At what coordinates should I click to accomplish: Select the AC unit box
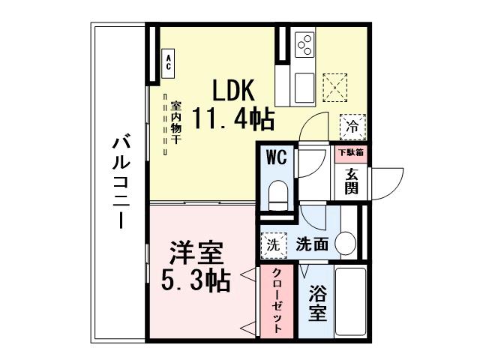tap(169, 61)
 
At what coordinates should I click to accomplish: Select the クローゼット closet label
tap(277, 300)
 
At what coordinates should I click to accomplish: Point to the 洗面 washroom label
tap(312, 244)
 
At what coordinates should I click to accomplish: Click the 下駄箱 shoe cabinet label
tap(350, 153)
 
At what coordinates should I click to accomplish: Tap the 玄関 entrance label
tap(351, 180)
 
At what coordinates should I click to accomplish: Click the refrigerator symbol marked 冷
tap(352, 127)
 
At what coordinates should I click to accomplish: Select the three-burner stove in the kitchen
tap(305, 45)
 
